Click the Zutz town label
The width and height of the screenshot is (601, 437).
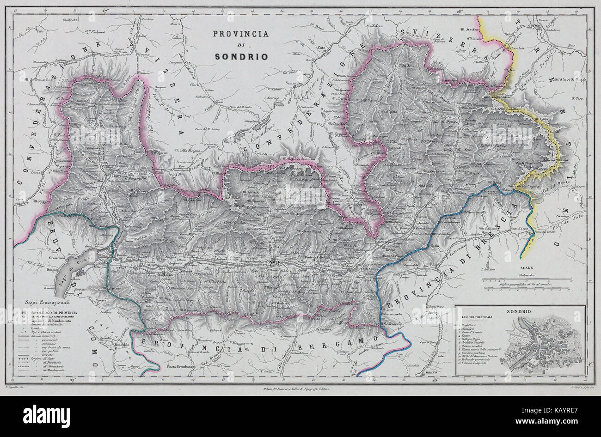pyautogui.click(x=322, y=48)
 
